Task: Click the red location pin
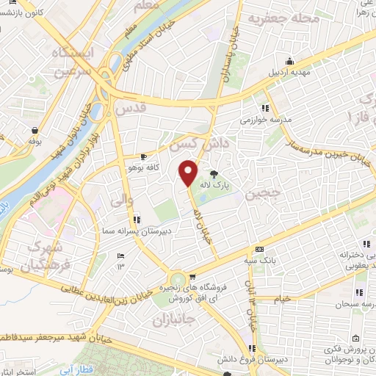(x=188, y=173)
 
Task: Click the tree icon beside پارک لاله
(x=214, y=175)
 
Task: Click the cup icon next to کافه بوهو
(x=144, y=157)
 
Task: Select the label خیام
(x=282, y=298)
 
